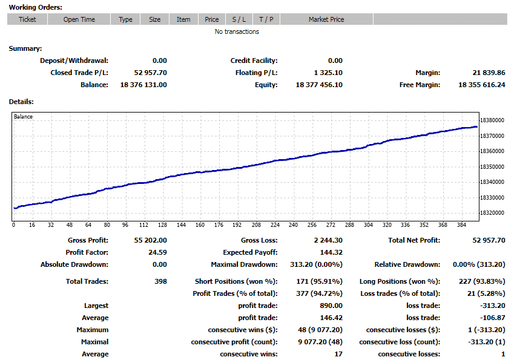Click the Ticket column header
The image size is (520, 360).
pos(27,19)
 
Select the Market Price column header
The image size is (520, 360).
pos(326,19)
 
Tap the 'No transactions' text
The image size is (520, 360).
pos(237,31)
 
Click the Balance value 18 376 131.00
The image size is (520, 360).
pos(143,85)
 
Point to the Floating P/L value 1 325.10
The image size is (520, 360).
pos(328,73)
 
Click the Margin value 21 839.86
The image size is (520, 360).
pos(489,73)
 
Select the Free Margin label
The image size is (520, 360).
pos(420,85)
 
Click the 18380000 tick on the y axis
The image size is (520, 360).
pos(492,120)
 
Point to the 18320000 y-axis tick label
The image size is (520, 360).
pos(492,213)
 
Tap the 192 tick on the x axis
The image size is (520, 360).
pos(237,224)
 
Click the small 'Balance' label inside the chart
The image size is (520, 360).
pos(23,116)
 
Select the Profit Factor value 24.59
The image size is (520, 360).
pos(157,252)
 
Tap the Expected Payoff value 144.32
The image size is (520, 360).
pos(331,252)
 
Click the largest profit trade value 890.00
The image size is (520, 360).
pos(331,306)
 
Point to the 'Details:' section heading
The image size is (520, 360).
pos(21,102)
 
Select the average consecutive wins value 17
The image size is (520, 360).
pos(338,354)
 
